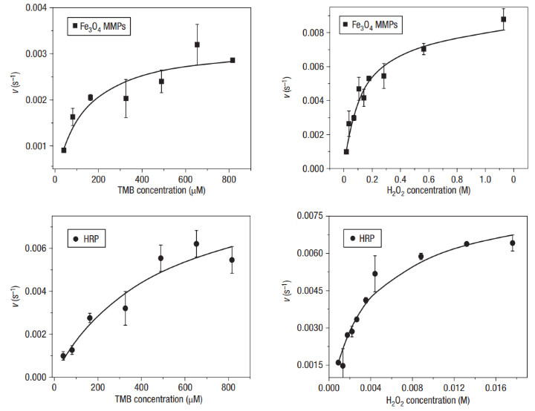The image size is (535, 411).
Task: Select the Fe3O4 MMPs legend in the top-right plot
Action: coord(372,25)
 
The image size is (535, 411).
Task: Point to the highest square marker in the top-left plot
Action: coord(197,45)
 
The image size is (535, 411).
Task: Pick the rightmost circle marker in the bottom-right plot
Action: coord(512,243)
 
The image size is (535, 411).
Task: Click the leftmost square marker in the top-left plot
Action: coord(64,150)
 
